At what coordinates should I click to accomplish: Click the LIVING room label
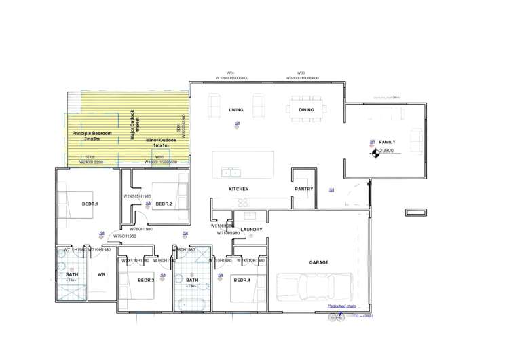tap(235, 109)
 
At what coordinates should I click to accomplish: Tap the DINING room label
tap(306, 109)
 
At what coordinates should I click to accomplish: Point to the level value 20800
tap(386, 151)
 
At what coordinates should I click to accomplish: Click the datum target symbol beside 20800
tap(372, 153)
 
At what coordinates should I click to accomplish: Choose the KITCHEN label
tap(238, 188)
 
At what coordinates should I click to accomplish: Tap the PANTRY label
tap(303, 189)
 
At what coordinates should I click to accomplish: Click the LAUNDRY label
tap(251, 230)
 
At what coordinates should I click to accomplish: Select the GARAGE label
tap(319, 262)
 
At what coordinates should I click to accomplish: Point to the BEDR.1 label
tap(90, 204)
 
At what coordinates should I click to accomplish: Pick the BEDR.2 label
tap(164, 204)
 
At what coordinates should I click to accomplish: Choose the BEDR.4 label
tap(242, 280)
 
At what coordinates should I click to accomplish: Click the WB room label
tap(101, 274)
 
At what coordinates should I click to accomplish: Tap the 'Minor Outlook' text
tap(161, 141)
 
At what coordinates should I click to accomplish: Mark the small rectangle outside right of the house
tap(413, 213)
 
